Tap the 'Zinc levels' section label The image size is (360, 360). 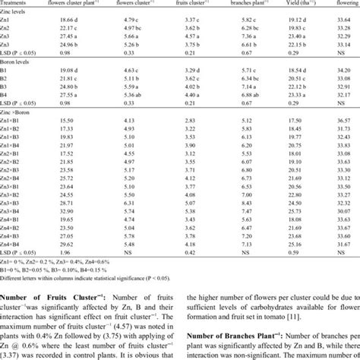[x=18, y=15]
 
